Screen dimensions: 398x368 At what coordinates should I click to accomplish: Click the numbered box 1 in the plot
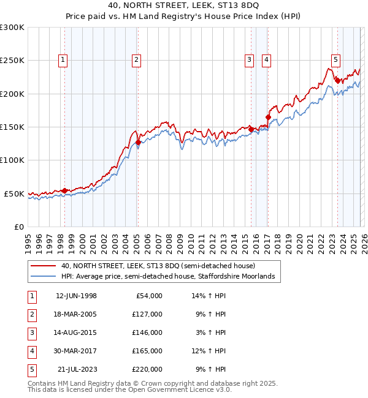click(x=64, y=59)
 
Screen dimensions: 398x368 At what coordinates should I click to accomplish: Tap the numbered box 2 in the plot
click(x=136, y=59)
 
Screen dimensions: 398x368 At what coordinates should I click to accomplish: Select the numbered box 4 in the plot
click(x=267, y=59)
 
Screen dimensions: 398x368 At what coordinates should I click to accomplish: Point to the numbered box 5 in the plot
click(x=336, y=59)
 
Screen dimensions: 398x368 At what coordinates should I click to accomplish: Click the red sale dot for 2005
click(x=138, y=143)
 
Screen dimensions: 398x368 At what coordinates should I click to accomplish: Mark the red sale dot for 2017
click(x=268, y=118)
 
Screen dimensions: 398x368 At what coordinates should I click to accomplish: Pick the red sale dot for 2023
click(x=337, y=81)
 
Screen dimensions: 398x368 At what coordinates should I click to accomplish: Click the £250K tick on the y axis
click(x=12, y=61)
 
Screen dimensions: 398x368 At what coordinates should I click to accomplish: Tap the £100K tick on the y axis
click(x=12, y=160)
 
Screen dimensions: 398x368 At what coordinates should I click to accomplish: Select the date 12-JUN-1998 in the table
click(x=76, y=296)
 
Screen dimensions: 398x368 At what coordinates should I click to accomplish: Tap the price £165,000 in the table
click(x=147, y=351)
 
